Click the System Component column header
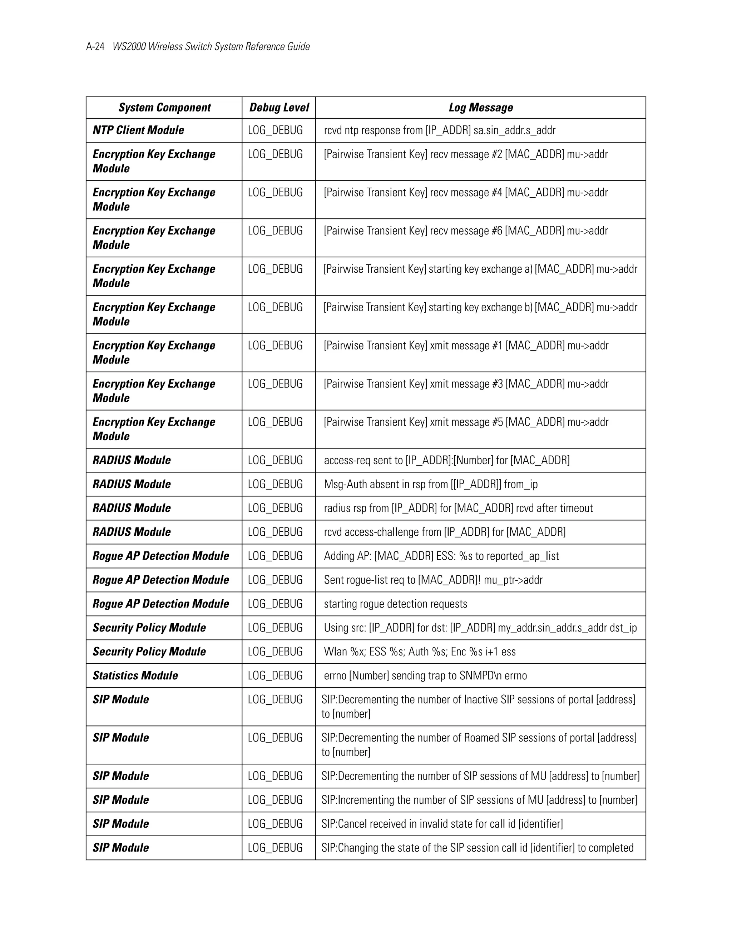point(164,108)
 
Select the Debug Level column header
point(279,108)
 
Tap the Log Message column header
point(480,108)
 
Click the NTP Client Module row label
point(138,130)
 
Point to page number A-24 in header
point(95,47)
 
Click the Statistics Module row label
point(135,675)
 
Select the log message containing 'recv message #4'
point(466,193)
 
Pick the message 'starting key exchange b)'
point(480,307)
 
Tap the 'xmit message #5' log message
point(466,422)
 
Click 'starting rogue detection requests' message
point(396,604)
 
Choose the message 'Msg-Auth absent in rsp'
point(431,484)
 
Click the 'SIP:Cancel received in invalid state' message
point(442,823)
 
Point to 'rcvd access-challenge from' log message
point(445,532)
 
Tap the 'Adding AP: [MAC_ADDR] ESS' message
point(441,556)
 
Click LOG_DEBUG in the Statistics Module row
point(275,675)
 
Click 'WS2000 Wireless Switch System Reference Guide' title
point(211,47)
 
